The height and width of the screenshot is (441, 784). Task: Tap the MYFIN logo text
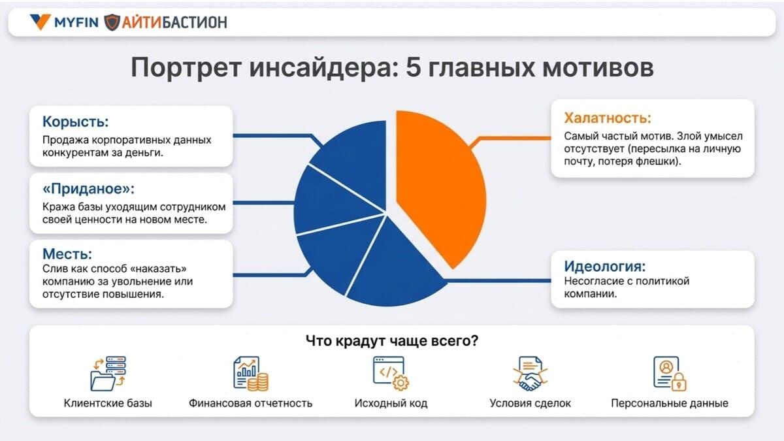(76, 23)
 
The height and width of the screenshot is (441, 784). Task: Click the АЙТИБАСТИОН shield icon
(112, 22)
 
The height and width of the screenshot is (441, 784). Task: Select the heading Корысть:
(76, 122)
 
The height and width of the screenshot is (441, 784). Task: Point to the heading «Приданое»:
(89, 189)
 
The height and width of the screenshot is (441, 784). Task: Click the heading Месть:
(67, 253)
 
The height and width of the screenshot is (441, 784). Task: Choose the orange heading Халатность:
(608, 118)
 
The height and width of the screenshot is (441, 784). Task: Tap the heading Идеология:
(605, 267)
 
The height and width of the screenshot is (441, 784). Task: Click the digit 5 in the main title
(413, 67)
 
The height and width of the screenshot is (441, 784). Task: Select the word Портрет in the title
(186, 67)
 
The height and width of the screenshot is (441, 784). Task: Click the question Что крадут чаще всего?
(392, 340)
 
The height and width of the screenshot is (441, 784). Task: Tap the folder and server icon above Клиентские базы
(108, 374)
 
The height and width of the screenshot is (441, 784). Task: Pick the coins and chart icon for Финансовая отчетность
(251, 374)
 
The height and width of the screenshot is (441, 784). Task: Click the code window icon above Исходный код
(391, 373)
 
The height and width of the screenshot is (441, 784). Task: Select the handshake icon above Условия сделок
(531, 374)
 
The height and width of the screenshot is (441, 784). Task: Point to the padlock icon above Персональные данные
(679, 382)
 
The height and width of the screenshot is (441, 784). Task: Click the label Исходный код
(391, 403)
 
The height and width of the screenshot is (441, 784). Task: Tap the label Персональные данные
(670, 403)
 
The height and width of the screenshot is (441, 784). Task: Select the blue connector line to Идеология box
(497, 281)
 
